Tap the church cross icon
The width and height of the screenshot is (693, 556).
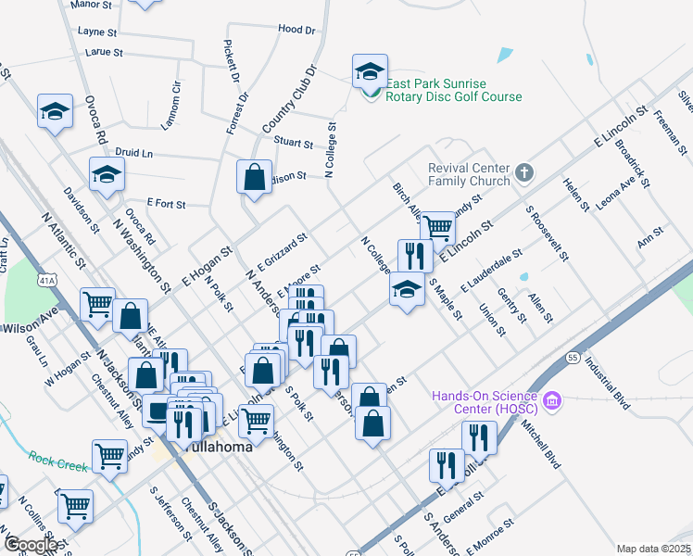(524, 171)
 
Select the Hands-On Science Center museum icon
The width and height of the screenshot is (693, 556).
(553, 400)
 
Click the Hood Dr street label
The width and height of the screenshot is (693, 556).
(296, 30)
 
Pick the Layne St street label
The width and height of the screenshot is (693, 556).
(97, 31)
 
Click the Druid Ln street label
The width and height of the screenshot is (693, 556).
(134, 152)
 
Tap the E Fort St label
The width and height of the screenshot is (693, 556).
(167, 203)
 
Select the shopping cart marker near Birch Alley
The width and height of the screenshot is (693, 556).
(436, 225)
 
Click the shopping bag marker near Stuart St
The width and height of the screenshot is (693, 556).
(254, 175)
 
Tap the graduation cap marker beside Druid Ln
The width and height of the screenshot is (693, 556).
(107, 172)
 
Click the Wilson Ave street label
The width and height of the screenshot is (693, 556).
(31, 328)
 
